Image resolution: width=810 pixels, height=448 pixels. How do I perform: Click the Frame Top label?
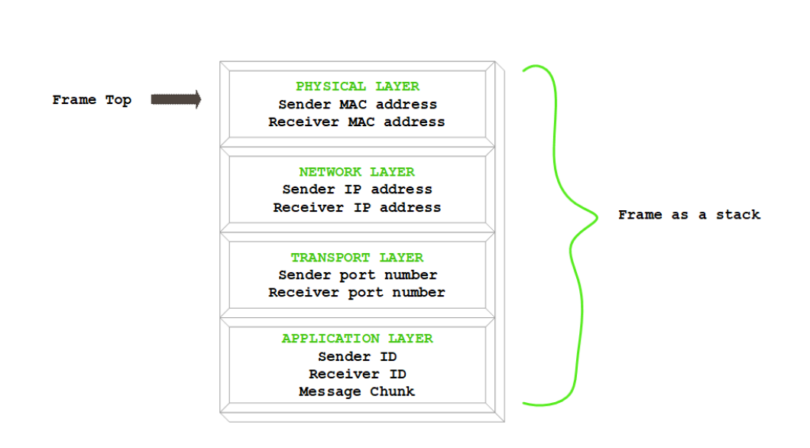(x=92, y=100)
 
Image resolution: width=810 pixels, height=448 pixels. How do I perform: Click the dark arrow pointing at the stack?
(x=176, y=99)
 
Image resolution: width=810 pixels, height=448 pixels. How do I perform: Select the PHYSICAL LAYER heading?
(x=357, y=86)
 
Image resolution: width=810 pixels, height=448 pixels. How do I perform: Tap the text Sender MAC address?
(x=357, y=104)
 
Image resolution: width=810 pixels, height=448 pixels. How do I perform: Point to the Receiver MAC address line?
(x=357, y=122)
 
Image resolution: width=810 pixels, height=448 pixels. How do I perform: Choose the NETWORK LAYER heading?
(x=357, y=172)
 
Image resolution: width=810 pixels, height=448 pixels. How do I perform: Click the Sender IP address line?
(x=357, y=189)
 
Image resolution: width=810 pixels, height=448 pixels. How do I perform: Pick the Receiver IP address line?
(x=357, y=207)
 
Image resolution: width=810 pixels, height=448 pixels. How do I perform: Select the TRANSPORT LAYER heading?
(x=357, y=258)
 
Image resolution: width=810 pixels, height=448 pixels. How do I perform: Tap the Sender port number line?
(x=357, y=274)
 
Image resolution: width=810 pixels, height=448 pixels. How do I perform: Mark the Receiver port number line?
(x=357, y=292)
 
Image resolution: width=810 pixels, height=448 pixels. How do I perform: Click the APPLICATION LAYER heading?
(x=357, y=338)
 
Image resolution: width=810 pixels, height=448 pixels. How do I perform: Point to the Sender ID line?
(x=357, y=356)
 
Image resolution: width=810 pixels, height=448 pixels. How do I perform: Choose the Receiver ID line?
(x=357, y=374)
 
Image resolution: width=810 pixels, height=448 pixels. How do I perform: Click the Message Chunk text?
(x=357, y=391)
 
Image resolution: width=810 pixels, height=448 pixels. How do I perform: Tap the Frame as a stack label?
(x=688, y=215)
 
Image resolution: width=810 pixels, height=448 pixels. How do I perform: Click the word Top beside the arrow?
(x=118, y=100)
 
